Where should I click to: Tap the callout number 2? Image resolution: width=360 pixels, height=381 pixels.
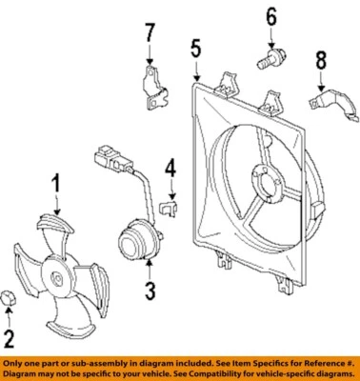click(10, 336)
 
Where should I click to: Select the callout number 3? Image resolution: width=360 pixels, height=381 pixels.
click(149, 290)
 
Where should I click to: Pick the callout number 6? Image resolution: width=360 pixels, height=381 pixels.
click(270, 16)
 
